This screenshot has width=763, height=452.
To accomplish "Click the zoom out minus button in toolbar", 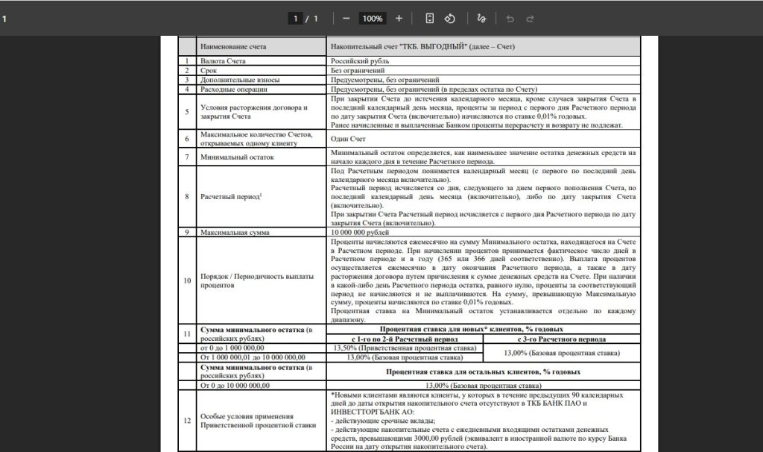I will (x=346, y=18).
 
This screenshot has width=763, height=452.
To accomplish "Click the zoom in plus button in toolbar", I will (x=399, y=18).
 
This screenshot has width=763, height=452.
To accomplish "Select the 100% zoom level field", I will (x=372, y=18).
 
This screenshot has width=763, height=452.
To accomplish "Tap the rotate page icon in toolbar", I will (x=450, y=18).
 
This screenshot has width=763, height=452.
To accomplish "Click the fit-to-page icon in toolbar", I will (x=429, y=18).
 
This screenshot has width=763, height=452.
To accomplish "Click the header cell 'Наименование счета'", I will (x=232, y=46).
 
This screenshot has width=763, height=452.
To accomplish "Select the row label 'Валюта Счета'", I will (x=223, y=60).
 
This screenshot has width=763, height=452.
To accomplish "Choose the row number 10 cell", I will (x=187, y=280).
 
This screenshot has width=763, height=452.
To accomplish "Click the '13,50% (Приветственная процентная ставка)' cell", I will (x=404, y=348).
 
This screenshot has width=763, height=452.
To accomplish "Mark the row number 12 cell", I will (x=187, y=420).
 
